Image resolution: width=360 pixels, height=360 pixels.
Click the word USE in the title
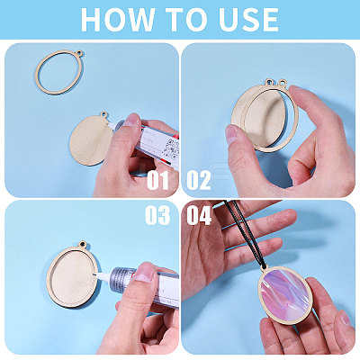[247, 19]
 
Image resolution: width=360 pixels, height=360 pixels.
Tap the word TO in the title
[186, 19]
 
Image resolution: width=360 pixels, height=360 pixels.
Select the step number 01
[157, 181]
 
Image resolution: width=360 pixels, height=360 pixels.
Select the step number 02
[199, 181]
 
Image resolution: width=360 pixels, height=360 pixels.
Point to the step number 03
[157, 215]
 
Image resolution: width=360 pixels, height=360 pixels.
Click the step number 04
[199, 215]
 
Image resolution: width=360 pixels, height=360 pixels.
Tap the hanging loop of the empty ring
[79, 54]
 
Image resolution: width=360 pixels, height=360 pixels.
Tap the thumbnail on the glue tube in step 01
[131, 120]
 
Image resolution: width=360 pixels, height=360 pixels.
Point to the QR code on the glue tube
[172, 148]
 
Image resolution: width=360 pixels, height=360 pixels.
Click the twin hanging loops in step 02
[275, 82]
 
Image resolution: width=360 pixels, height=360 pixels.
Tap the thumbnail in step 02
[231, 133]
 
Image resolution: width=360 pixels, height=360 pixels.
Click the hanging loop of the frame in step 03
[82, 245]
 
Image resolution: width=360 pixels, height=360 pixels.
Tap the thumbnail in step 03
[145, 272]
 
